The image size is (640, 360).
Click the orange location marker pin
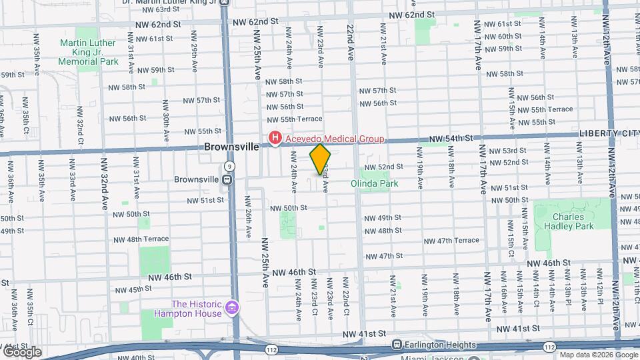point(320,159)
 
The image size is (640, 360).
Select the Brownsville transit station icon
point(227,179)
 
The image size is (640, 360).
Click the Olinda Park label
point(370,182)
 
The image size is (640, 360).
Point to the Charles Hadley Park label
point(568,221)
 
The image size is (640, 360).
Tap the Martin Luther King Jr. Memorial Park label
point(87,52)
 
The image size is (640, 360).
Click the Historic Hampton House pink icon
point(231,308)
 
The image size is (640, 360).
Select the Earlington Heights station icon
point(397,345)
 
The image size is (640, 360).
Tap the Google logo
point(21,352)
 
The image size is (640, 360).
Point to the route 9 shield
point(229,165)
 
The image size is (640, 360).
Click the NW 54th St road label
point(451,138)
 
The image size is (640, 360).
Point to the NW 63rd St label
point(154,9)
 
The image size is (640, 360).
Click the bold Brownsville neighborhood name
point(231,147)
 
